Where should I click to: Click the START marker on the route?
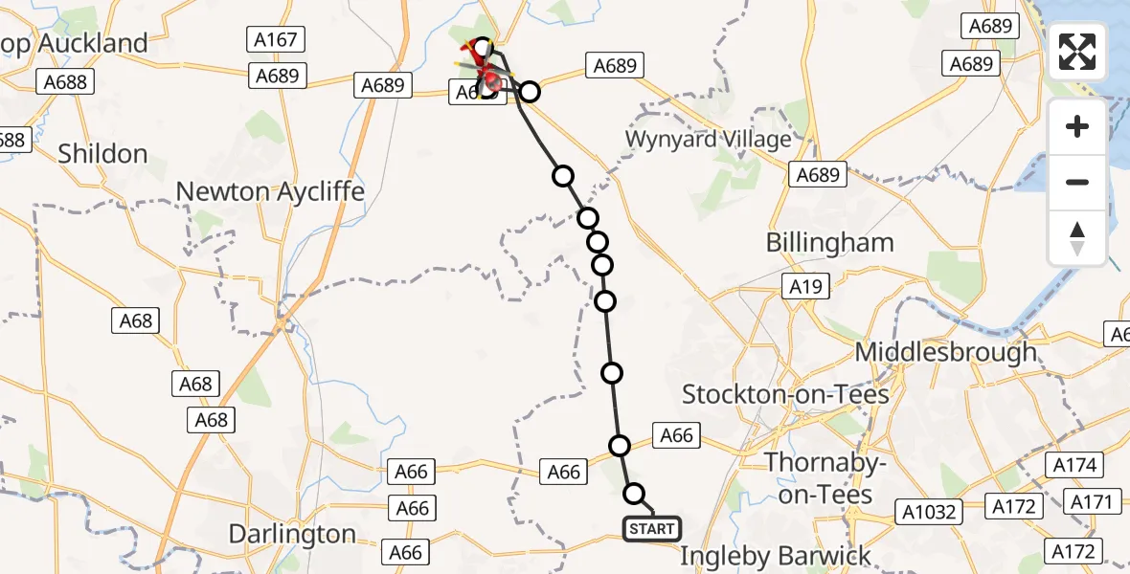click(652, 528)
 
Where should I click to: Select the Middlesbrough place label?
click(945, 351)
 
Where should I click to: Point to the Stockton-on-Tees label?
click(785, 393)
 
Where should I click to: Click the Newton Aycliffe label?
click(269, 191)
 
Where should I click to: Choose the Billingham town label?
click(829, 242)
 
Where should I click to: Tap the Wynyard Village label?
click(709, 139)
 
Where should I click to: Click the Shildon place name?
click(102, 154)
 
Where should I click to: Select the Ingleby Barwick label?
click(776, 556)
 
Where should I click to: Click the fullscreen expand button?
click(1077, 52)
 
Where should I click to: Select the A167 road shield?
click(277, 40)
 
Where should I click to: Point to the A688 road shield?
click(65, 82)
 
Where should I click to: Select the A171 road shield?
click(1091, 501)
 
